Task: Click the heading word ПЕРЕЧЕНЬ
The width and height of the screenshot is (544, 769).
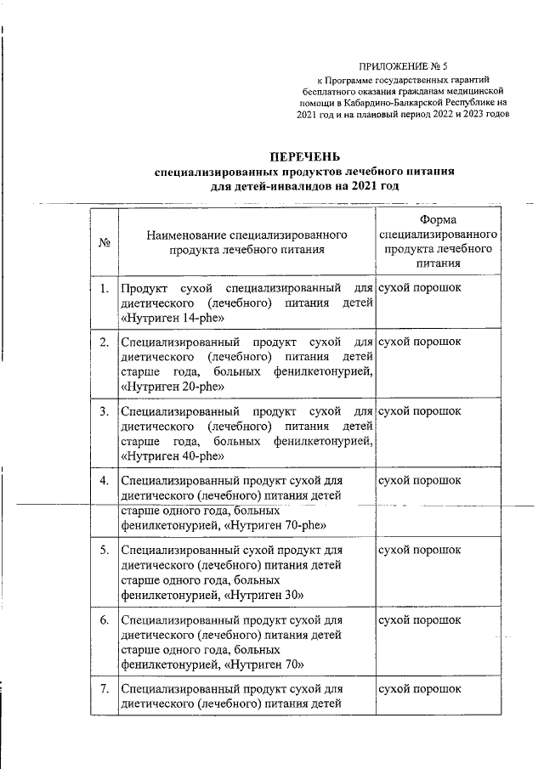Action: pyautogui.click(x=304, y=156)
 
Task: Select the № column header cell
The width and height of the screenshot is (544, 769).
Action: pyautogui.click(x=106, y=242)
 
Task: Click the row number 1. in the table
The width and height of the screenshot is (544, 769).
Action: pyautogui.click(x=104, y=289)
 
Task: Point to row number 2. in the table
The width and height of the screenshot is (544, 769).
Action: pyautogui.click(x=104, y=342)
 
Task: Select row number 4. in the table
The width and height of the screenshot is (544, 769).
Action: pyautogui.click(x=104, y=481)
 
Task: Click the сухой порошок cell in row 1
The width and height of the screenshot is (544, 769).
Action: pyautogui.click(x=420, y=289)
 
